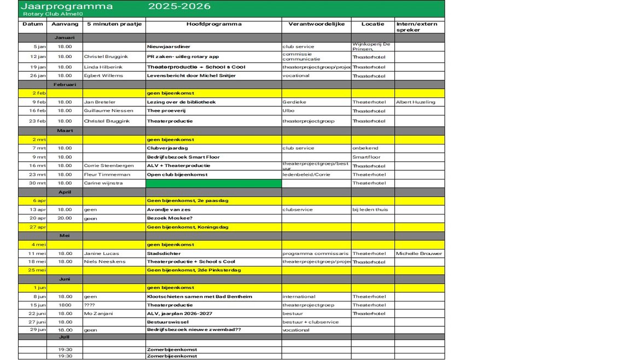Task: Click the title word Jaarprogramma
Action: pos(66,7)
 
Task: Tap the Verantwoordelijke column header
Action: pos(316,24)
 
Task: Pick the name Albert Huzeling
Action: pos(416,102)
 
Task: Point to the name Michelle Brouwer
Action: pos(418,253)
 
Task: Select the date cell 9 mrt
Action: pos(39,157)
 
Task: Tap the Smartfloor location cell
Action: pos(366,157)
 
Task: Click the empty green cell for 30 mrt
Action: pos(213,183)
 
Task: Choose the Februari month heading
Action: pos(65,85)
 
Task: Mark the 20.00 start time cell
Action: pos(65,218)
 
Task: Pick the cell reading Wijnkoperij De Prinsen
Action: pos(371,47)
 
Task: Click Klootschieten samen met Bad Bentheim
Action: pos(200,297)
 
